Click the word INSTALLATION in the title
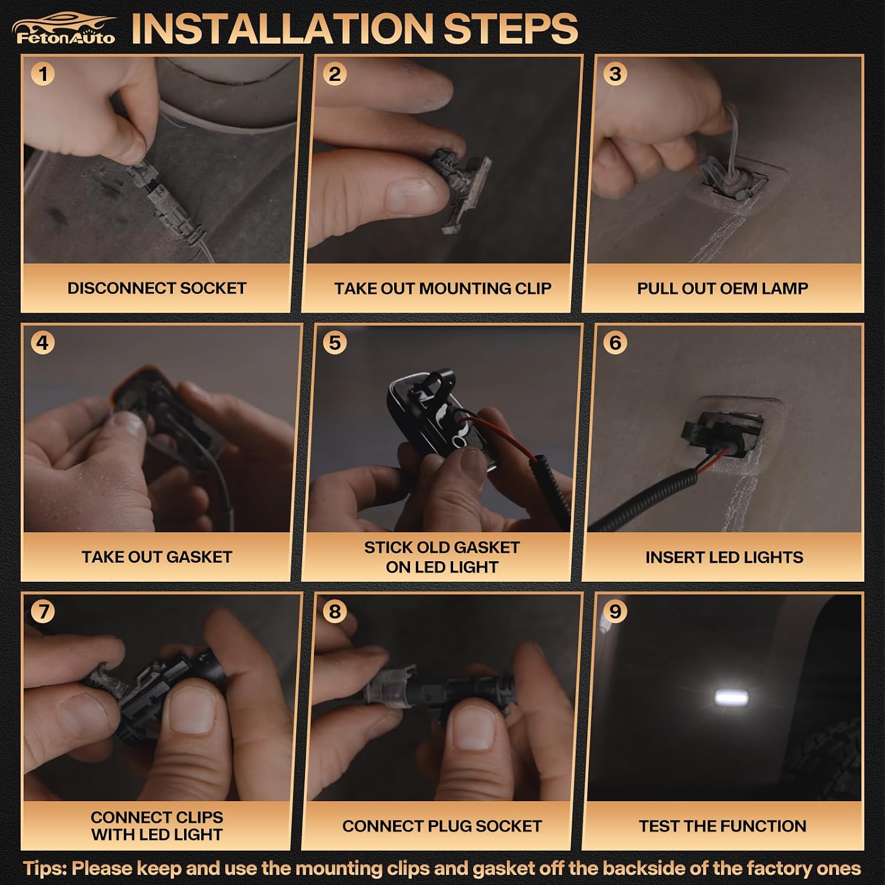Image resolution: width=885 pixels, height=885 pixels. tap(283, 28)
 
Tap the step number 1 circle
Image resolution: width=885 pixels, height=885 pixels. tap(42, 74)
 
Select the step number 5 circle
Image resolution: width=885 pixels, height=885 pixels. tap(335, 343)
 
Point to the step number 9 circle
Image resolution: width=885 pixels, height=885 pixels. tap(615, 611)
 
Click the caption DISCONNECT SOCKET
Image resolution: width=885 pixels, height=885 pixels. tap(156, 288)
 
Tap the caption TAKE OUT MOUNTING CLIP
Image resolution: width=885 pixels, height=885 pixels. tap(442, 289)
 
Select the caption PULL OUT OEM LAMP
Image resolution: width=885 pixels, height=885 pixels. tap(722, 289)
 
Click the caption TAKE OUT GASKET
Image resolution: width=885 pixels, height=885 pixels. tap(156, 557)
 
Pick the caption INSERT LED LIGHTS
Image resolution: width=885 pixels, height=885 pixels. tap(724, 558)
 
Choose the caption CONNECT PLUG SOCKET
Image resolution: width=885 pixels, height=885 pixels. tap(442, 826)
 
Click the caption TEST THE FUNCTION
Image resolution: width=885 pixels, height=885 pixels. tap(722, 826)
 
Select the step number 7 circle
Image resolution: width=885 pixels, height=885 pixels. tap(42, 611)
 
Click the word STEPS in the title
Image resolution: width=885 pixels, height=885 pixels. tap(511, 28)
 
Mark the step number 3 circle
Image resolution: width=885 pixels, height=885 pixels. tap(615, 74)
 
